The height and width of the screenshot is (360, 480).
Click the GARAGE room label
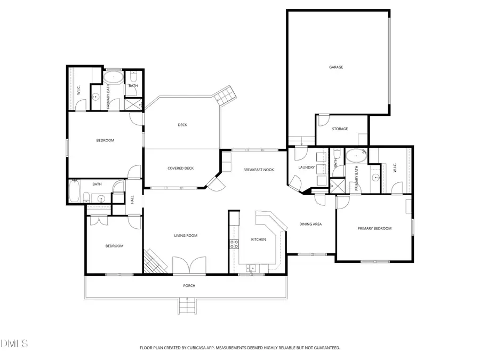click(x=335, y=67)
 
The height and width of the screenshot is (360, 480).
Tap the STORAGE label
click(x=340, y=129)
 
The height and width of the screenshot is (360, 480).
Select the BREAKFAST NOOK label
click(x=258, y=170)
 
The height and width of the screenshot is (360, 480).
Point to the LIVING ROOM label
click(x=186, y=235)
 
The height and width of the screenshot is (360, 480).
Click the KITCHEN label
click(x=258, y=239)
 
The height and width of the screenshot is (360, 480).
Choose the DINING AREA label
click(x=310, y=224)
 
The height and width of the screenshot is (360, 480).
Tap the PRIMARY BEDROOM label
click(x=374, y=228)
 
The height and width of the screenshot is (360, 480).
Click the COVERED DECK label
click(x=180, y=169)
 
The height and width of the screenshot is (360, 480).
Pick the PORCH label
click(x=189, y=286)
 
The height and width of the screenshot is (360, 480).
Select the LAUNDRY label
click(x=306, y=167)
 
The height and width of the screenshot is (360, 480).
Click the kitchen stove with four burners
click(x=234, y=245)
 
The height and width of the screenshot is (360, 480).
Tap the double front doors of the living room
click(x=189, y=265)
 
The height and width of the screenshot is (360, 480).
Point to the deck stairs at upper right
click(x=224, y=95)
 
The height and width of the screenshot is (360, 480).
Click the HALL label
click(x=132, y=199)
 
